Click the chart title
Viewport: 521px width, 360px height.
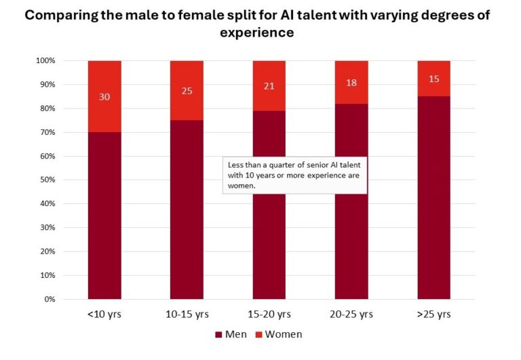click(260, 24)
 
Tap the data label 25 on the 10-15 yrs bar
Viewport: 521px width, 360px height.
click(187, 90)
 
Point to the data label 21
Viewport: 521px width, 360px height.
click(269, 85)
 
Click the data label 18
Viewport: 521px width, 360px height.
click(351, 82)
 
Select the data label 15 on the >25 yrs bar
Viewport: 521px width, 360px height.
click(433, 79)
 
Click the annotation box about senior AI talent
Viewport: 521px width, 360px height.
click(294, 176)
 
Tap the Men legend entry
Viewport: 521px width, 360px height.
click(230, 334)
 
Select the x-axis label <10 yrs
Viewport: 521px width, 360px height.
click(104, 314)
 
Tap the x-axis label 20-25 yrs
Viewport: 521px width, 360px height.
click(351, 314)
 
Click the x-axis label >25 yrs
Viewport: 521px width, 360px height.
click(433, 314)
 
